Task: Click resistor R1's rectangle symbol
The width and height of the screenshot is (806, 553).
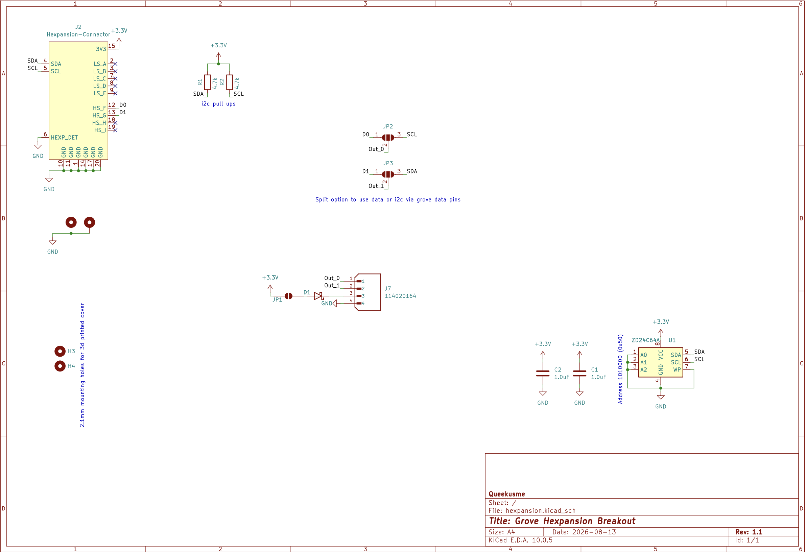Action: coord(207,82)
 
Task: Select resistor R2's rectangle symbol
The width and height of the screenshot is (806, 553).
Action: coord(230,82)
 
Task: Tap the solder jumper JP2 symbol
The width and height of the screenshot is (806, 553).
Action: coord(388,138)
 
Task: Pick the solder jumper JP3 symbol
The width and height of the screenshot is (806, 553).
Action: coord(388,174)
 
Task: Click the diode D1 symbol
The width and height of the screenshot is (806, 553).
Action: coord(318,296)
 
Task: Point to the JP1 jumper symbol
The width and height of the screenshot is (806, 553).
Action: coord(288,296)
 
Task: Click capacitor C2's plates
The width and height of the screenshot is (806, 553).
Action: coord(543,374)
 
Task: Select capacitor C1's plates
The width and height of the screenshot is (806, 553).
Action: coord(579,374)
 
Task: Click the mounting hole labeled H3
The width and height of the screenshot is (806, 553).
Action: coord(60,351)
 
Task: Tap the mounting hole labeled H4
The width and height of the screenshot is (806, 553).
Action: coord(60,366)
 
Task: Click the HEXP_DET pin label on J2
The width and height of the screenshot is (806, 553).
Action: coord(64,138)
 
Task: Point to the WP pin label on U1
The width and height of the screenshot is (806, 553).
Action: coord(677,369)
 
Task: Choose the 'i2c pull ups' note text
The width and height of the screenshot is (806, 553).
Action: coord(218,104)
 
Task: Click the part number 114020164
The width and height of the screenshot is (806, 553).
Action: coord(400,296)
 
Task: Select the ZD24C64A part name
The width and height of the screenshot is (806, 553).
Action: coord(645,340)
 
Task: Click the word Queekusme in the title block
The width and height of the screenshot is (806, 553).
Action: coord(507,494)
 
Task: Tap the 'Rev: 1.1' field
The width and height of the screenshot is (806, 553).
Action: coord(749,532)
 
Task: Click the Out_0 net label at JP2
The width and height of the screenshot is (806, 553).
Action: coord(376,149)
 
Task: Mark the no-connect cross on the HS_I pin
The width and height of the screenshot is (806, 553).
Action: coord(115,130)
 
